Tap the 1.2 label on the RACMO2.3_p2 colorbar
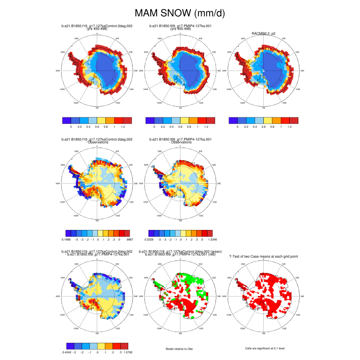click(x=289, y=127)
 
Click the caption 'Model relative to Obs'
click(x=180, y=348)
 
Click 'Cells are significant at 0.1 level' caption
click(x=263, y=348)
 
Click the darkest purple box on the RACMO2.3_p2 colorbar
click(x=233, y=121)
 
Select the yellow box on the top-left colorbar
click(x=101, y=121)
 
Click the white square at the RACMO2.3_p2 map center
click(x=264, y=71)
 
